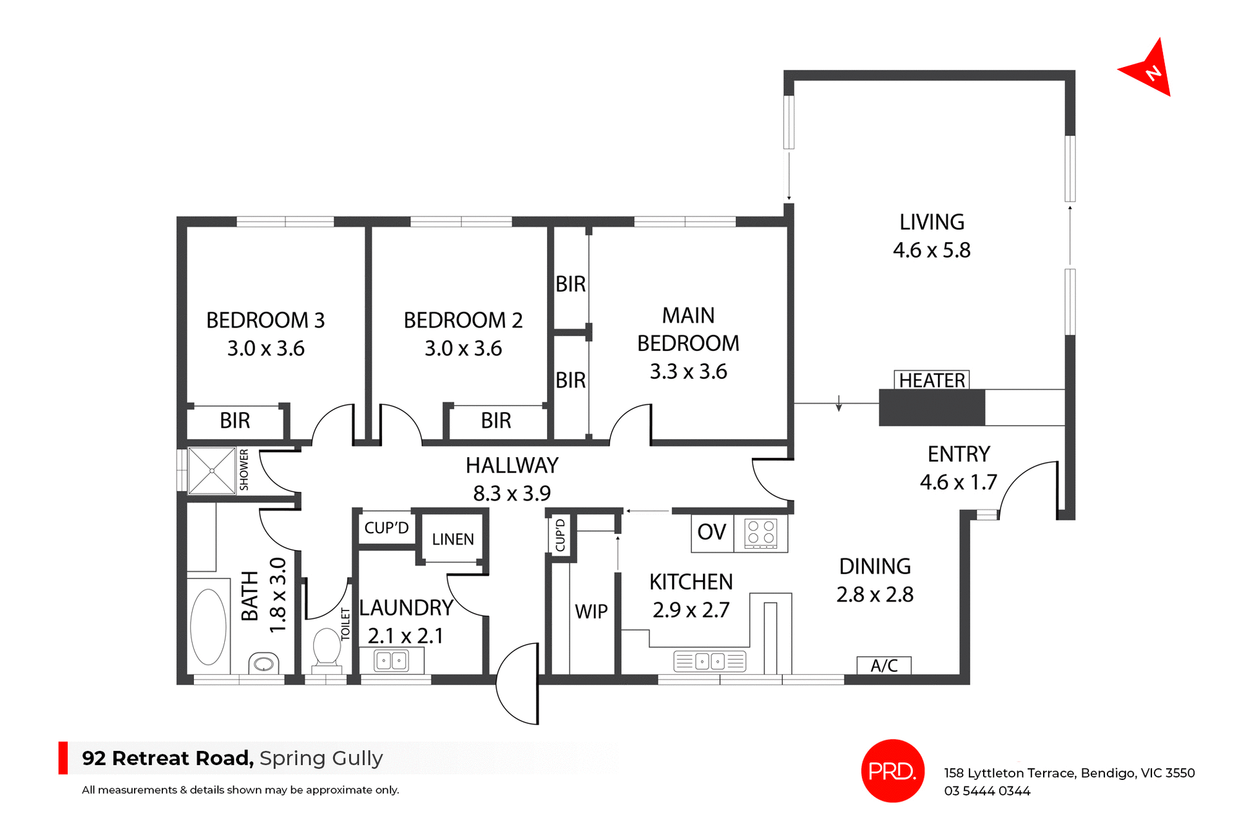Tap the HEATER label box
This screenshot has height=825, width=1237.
click(932, 380)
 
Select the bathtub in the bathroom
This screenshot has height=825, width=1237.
click(208, 627)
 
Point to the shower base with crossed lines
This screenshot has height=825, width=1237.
click(212, 471)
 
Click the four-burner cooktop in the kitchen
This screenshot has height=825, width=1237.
click(761, 533)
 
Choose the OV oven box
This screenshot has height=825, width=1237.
click(712, 532)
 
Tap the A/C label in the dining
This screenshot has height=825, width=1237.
click(884, 665)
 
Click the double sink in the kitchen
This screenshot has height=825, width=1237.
click(709, 661)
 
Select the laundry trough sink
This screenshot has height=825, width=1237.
click(392, 661)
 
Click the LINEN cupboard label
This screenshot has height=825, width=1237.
click(453, 539)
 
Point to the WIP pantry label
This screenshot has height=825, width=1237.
click(591, 611)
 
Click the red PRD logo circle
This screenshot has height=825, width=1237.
click(892, 770)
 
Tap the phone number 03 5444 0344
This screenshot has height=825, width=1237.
click(987, 791)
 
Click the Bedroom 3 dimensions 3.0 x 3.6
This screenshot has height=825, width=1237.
click(265, 348)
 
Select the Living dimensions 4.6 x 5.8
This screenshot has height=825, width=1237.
click(932, 250)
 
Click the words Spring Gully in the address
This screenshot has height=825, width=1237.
click(321, 758)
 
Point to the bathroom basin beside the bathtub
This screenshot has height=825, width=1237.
click(264, 663)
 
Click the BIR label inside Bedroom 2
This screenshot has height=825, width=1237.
click(496, 421)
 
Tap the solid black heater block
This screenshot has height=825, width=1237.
click(932, 408)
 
